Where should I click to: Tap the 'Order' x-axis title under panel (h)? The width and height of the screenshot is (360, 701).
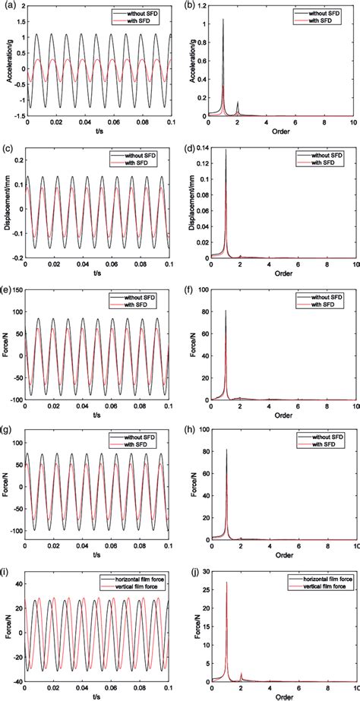click(283, 556)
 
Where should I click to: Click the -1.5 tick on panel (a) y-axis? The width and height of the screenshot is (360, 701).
click(17, 117)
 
